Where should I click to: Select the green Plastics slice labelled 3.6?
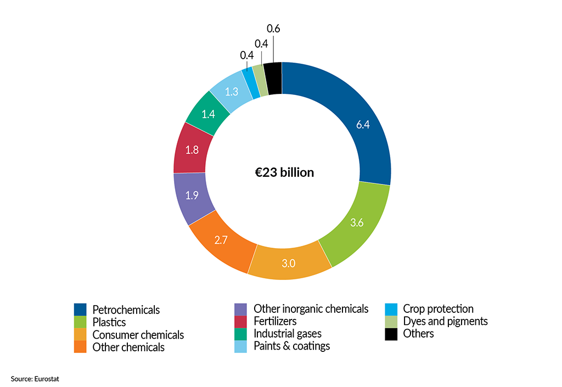[x=357, y=222]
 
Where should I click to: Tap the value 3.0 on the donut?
[x=289, y=263]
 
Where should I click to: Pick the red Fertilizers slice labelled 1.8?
[x=192, y=149]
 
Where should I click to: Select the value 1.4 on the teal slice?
[x=207, y=114]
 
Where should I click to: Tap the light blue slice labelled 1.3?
[x=232, y=91]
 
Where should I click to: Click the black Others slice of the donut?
[x=273, y=78]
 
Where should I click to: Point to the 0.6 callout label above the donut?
[x=273, y=28]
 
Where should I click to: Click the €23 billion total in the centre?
[x=281, y=172]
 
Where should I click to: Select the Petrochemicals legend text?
[x=126, y=310]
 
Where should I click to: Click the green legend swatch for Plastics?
[x=81, y=322]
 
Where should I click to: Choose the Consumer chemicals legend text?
[x=138, y=335]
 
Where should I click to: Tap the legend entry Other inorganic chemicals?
[x=311, y=309]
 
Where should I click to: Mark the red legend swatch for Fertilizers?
[x=240, y=321]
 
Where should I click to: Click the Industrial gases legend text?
[x=288, y=333]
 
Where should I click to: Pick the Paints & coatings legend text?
[x=291, y=346]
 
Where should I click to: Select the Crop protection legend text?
[x=438, y=309]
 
